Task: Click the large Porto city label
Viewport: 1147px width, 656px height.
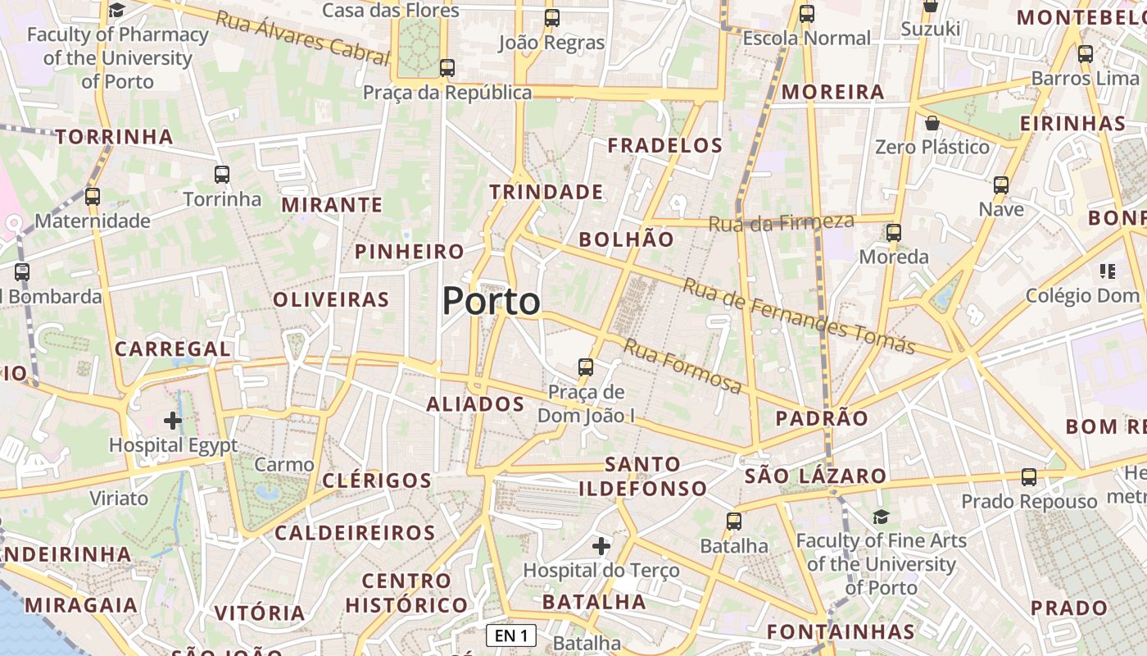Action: pos(491,301)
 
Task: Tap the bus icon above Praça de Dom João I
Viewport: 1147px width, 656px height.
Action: pos(585,367)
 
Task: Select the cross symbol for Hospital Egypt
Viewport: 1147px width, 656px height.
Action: pos(172,421)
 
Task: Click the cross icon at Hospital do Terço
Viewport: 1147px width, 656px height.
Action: pos(601,545)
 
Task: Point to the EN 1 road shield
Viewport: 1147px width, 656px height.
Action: pos(511,635)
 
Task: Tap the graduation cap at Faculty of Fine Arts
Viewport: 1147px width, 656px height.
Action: pos(881,517)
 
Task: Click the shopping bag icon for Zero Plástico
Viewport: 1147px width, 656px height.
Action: pos(932,124)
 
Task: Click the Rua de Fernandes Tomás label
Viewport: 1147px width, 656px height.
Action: pos(798,316)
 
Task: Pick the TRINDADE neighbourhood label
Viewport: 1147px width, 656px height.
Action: pos(546,192)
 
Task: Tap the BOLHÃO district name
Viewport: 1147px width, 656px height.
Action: pos(627,239)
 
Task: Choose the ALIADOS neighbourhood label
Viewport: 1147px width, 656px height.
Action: pos(475,403)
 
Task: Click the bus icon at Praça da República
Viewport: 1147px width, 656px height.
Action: pos(447,68)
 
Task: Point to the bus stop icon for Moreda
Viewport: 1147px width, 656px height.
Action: pos(893,233)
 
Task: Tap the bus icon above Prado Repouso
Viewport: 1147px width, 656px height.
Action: pos(1029,477)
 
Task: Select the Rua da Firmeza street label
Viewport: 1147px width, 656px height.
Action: pos(781,221)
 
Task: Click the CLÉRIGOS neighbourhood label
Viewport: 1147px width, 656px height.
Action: pos(377,481)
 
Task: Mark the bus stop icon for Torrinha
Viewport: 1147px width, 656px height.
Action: pos(222,174)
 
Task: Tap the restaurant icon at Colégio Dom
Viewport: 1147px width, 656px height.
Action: pos(1108,271)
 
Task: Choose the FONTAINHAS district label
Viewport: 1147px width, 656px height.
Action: pos(841,631)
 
